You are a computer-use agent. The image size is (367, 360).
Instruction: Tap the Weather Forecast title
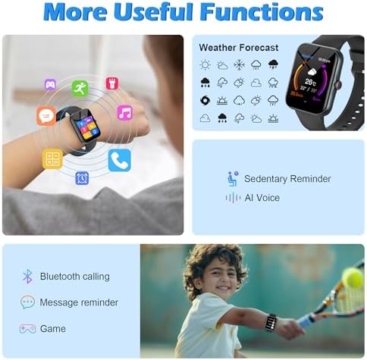(238, 48)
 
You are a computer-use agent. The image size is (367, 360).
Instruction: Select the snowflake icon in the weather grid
(239, 65)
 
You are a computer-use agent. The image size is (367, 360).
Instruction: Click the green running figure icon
(80, 88)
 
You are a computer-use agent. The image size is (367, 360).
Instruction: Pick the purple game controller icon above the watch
(50, 84)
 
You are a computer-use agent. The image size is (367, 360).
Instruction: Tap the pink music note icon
(124, 112)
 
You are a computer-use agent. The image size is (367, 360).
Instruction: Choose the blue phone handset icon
(119, 160)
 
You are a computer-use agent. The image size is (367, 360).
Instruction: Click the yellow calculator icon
(52, 158)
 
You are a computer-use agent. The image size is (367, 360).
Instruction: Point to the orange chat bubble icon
(45, 116)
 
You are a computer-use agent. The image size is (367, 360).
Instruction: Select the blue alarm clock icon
(82, 177)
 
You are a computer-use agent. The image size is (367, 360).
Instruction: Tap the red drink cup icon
(112, 83)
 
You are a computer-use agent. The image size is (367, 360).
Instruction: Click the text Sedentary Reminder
(287, 179)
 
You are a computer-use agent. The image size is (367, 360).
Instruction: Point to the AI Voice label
(262, 198)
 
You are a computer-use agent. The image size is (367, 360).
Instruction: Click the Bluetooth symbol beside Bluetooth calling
(27, 277)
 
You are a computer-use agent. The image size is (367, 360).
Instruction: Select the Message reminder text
(79, 302)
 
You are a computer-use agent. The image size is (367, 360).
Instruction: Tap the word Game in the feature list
(53, 329)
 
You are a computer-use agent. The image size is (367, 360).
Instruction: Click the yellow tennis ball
(353, 278)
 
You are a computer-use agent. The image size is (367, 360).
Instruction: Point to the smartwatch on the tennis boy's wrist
(270, 322)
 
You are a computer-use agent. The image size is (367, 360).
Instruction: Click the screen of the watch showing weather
(311, 79)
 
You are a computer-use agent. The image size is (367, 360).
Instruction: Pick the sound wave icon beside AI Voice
(233, 198)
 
